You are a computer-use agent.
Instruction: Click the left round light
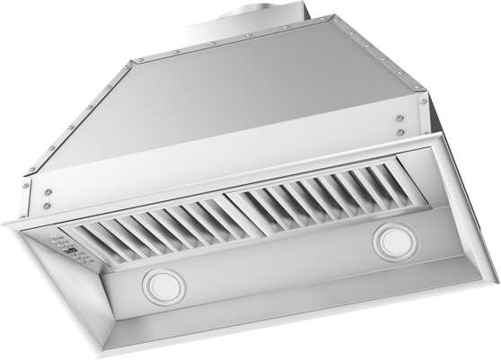point(162,286)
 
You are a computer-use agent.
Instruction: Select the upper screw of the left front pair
point(48,191)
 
